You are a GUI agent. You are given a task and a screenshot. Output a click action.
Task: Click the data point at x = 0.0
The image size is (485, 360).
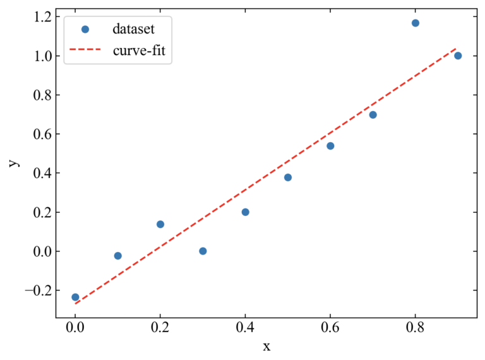(75, 297)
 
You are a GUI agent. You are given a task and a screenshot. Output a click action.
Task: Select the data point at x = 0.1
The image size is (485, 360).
(117, 256)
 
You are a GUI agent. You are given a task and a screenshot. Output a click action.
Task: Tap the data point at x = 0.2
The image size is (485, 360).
(160, 224)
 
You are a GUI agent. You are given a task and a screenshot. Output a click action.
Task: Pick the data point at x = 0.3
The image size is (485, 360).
(203, 251)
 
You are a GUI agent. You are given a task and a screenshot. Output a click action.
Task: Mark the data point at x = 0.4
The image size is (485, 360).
(245, 212)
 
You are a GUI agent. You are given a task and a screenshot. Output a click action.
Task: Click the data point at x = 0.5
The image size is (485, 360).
(288, 177)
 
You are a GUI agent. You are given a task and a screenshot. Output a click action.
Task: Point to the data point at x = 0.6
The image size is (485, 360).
(330, 146)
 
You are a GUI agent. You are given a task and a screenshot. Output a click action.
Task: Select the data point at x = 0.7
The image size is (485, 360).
(373, 115)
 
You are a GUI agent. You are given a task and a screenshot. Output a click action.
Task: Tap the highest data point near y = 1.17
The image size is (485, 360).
(416, 23)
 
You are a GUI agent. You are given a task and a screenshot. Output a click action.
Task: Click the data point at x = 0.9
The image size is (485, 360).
(458, 56)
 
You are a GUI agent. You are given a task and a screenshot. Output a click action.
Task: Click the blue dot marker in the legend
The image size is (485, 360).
(86, 28)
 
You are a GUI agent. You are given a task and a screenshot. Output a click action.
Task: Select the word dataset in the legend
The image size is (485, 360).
(133, 28)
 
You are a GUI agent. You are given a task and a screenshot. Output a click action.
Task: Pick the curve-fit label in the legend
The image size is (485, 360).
(139, 51)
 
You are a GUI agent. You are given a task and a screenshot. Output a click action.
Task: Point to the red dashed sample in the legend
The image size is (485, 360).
(86, 51)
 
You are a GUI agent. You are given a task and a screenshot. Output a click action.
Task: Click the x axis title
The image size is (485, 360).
(266, 346)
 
